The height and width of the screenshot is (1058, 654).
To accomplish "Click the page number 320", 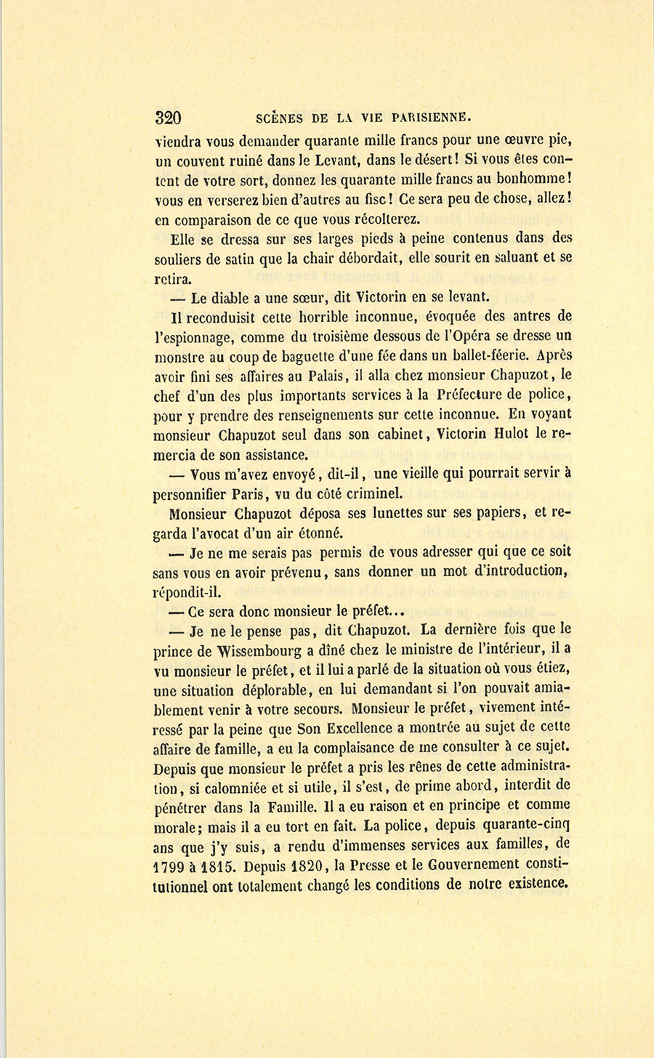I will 168,118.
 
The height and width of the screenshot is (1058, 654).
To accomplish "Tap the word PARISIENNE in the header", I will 432,117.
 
